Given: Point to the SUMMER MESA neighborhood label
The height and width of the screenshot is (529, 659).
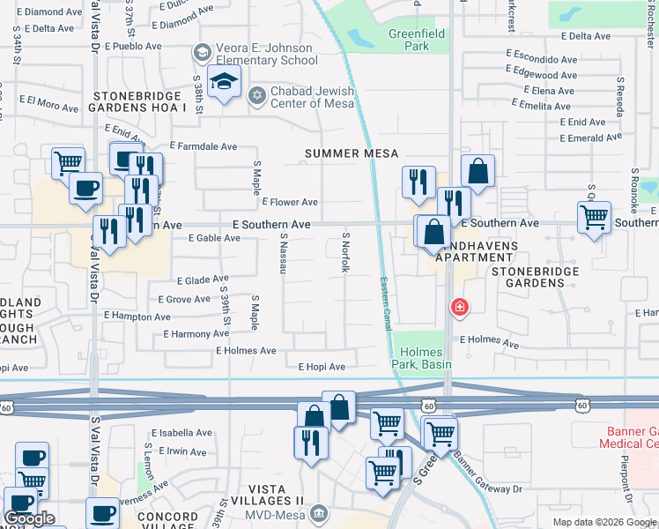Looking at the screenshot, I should [x=346, y=153].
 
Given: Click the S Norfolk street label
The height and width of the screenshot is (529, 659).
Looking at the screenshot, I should [x=346, y=251].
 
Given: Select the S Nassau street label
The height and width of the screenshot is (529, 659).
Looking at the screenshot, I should [x=285, y=253].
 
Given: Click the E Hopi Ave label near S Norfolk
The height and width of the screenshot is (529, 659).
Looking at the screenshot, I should [x=322, y=367].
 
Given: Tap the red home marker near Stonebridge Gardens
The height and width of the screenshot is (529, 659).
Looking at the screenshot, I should [x=459, y=307].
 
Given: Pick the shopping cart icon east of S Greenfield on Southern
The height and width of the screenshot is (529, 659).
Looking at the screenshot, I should [x=595, y=217].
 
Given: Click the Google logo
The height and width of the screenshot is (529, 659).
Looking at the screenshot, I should [x=30, y=518].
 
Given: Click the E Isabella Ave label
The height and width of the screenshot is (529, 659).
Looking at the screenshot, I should [x=181, y=433].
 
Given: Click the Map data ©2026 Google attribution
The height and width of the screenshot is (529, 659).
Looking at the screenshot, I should [x=604, y=522].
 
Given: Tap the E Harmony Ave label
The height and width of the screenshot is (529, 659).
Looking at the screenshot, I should [x=196, y=334].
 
